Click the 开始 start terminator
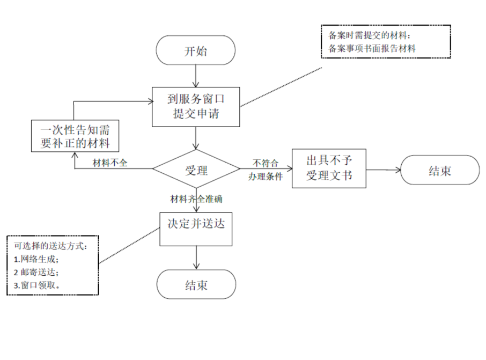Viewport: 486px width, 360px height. (x=195, y=51)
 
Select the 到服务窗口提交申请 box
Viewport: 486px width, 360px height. (x=195, y=107)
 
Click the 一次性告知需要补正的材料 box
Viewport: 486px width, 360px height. (x=74, y=136)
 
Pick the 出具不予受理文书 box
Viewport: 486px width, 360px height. (x=329, y=168)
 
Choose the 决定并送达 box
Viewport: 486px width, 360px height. (x=196, y=227)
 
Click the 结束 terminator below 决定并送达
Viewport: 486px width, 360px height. (x=196, y=284)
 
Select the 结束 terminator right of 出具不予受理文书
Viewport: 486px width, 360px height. (x=440, y=171)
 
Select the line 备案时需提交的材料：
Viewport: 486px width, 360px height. (x=369, y=35)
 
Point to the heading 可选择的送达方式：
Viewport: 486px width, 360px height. (x=50, y=246)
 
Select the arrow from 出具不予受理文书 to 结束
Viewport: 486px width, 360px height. (x=384, y=170)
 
